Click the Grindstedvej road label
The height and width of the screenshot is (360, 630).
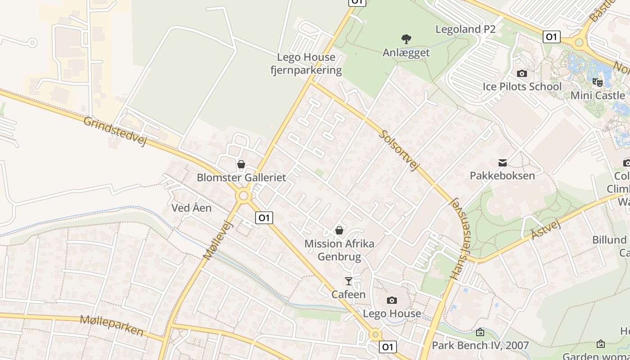(116, 131)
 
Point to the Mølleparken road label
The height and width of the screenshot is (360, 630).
(112, 325)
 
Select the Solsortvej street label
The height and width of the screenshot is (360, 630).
(399, 151)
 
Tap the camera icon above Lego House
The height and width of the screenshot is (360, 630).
(392, 300)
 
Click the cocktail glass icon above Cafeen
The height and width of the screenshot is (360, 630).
(348, 281)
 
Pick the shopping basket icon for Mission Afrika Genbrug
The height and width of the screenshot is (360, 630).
(339, 230)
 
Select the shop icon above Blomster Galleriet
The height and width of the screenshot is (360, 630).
(241, 164)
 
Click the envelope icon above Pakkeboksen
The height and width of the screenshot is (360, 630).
(502, 162)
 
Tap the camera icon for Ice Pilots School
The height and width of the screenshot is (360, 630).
(522, 73)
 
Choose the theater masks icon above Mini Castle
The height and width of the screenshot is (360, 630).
(598, 82)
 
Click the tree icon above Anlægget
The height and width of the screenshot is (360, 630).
(406, 39)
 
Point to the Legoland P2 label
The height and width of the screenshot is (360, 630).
(465, 29)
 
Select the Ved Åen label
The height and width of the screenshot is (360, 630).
(192, 208)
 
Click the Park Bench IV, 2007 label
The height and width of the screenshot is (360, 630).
(480, 346)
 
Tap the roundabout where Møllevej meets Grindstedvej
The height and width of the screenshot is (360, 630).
(244, 196)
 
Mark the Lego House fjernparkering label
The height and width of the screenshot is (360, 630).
(306, 63)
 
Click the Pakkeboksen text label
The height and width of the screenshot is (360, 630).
(502, 175)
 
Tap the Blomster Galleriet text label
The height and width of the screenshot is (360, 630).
(241, 177)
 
